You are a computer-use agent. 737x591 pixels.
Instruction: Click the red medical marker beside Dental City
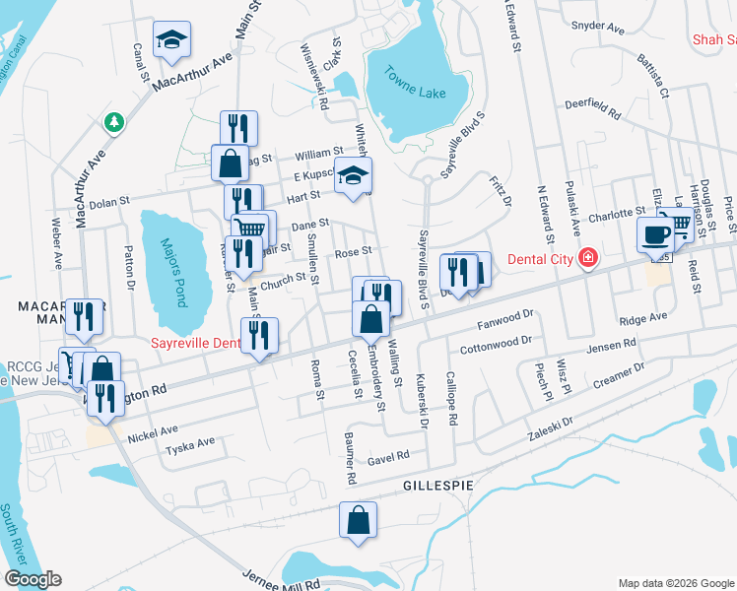click(x=588, y=258)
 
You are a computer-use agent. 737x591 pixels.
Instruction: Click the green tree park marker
click(x=114, y=122)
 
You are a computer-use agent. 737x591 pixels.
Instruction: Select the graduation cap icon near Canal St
click(x=171, y=40)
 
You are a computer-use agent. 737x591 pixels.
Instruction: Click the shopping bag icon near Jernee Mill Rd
click(x=359, y=519)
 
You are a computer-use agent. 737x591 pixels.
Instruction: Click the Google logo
click(x=33, y=579)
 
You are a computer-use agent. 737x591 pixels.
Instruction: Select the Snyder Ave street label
click(x=599, y=28)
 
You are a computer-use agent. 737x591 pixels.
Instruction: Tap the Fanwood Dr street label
click(x=503, y=316)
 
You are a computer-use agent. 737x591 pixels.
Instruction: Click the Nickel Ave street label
click(x=152, y=429)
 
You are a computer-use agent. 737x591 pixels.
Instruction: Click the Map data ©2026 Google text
click(x=675, y=582)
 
